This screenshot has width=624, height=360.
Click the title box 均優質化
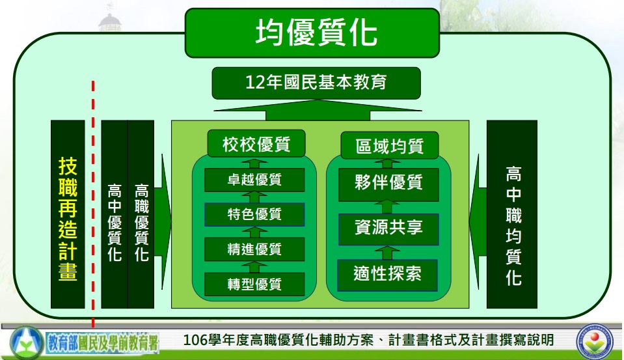pyautogui.click(x=312, y=33)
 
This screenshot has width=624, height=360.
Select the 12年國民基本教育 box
pyautogui.click(x=316, y=83)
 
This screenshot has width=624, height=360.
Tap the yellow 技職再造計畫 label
pyautogui.click(x=68, y=219)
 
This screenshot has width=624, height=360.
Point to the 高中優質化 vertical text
pyautogui.click(x=115, y=222)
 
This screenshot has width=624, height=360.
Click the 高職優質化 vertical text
pyautogui.click(x=141, y=222)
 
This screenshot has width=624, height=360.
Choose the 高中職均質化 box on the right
pyautogui.click(x=512, y=214)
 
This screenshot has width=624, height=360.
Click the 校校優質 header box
pyautogui.click(x=256, y=143)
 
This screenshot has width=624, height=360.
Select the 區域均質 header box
pyautogui.click(x=390, y=145)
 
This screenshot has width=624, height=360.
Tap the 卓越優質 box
pyautogui.click(x=254, y=180)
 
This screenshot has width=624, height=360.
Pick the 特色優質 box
pyautogui.click(x=254, y=214)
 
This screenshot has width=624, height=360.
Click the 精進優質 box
pyautogui.click(x=254, y=249)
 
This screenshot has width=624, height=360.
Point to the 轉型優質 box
pyautogui.click(x=254, y=284)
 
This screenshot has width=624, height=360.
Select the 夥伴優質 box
pyautogui.click(x=388, y=184)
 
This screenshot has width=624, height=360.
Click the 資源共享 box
pyautogui.click(x=388, y=229)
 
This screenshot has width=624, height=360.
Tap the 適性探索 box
pyautogui.click(x=387, y=275)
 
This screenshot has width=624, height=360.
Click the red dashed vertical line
pyautogui.click(x=93, y=204)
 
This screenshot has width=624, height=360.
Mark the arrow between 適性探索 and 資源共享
pyautogui.click(x=387, y=253)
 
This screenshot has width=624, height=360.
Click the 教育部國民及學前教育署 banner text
pyautogui.click(x=103, y=342)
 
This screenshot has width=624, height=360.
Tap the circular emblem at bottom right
pyautogui.click(x=595, y=340)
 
